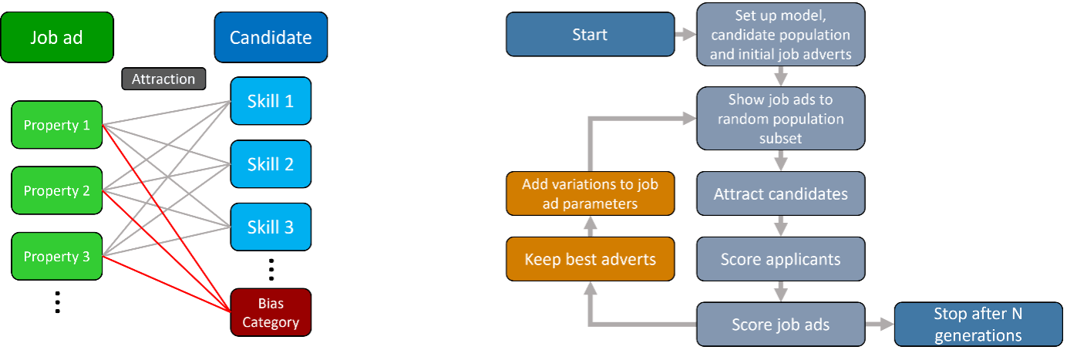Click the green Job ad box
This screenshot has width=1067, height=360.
(x=56, y=38)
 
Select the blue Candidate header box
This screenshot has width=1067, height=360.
(x=271, y=38)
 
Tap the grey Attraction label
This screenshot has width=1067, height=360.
(x=163, y=79)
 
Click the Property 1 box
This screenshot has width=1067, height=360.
(x=57, y=125)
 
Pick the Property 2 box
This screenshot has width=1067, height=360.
(x=57, y=190)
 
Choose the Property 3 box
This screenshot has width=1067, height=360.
(x=57, y=256)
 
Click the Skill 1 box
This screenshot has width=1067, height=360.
(x=271, y=101)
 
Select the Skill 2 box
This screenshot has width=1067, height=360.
(x=271, y=164)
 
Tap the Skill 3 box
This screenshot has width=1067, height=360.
(x=271, y=227)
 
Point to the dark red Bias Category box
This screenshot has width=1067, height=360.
(x=271, y=313)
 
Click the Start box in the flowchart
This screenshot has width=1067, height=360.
(x=590, y=35)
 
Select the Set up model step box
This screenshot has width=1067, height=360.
(x=780, y=35)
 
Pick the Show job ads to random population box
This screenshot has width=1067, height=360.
(x=780, y=119)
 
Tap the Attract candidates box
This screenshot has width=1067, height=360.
(x=780, y=193)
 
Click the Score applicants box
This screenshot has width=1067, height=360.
(x=780, y=259)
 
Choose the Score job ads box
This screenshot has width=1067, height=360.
(x=780, y=325)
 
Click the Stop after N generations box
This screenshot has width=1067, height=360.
(x=978, y=325)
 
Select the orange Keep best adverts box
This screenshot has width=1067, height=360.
(x=590, y=259)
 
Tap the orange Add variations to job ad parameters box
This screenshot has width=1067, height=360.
(x=590, y=193)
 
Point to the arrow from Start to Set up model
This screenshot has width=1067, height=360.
(x=685, y=35)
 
